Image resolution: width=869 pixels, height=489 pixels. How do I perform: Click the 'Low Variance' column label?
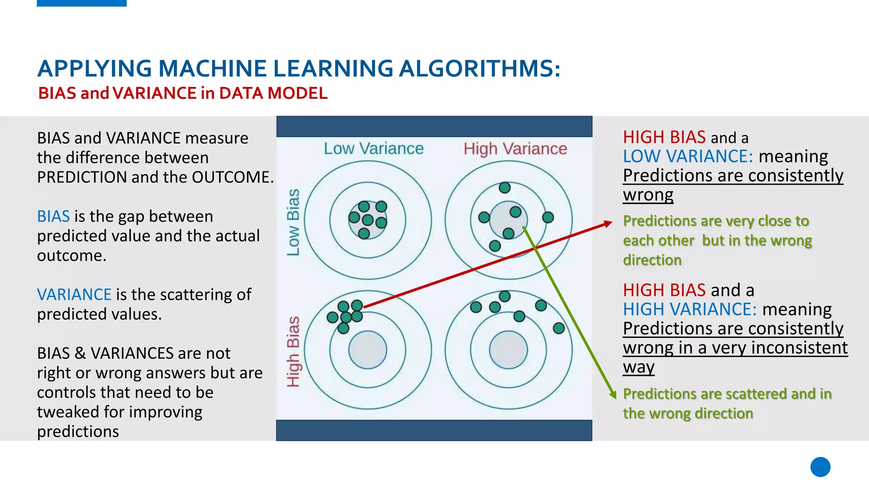(x=373, y=149)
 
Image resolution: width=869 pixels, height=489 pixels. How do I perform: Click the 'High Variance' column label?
(x=515, y=149)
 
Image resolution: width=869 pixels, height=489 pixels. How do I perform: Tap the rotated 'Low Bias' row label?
(x=293, y=222)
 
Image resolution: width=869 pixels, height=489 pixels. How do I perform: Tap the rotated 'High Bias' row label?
(x=293, y=351)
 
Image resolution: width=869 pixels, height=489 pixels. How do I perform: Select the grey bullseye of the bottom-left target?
(x=367, y=350)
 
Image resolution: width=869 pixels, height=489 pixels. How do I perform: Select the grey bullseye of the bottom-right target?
(x=508, y=350)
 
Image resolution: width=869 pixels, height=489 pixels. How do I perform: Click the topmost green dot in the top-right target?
(x=505, y=188)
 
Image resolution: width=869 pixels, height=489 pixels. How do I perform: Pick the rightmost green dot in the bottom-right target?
(x=559, y=328)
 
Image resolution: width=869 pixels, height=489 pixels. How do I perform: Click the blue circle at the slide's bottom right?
(x=820, y=467)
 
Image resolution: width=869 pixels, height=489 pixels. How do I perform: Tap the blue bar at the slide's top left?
(x=81, y=3)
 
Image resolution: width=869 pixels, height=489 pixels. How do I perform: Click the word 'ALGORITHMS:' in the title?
(x=479, y=69)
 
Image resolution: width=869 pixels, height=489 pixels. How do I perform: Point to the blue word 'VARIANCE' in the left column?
(x=74, y=295)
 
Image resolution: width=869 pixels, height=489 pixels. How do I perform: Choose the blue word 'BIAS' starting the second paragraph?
(x=53, y=216)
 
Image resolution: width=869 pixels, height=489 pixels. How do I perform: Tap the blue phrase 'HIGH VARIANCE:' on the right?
(x=690, y=309)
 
